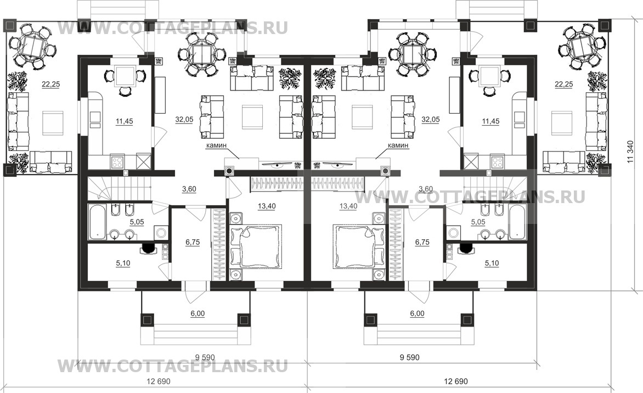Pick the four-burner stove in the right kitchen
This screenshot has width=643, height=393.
(496, 162)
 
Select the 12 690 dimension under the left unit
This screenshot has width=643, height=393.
(157, 381)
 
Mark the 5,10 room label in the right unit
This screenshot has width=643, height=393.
(492, 263)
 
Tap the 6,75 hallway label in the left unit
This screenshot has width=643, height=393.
(192, 242)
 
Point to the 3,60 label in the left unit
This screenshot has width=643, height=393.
(190, 189)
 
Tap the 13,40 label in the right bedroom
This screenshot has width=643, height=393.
(348, 206)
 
